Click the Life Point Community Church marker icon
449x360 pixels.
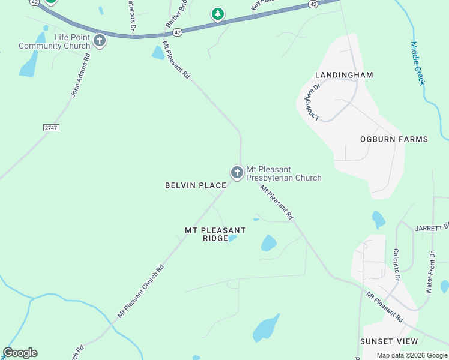tap(100, 41)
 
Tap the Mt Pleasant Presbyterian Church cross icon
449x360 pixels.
tap(237, 173)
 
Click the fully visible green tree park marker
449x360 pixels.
tap(217, 14)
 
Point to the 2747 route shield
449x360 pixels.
tap(52, 128)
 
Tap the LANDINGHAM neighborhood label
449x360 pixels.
tap(344, 75)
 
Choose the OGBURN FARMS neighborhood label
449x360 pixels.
tap(394, 139)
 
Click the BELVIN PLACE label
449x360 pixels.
tap(196, 186)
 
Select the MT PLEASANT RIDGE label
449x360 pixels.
tap(215, 234)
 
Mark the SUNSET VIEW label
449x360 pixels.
tap(388, 341)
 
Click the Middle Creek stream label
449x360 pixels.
tap(417, 63)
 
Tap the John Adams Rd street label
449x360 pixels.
tap(80, 75)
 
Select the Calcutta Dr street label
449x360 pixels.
tap(396, 265)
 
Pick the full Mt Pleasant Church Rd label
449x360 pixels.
tap(140, 292)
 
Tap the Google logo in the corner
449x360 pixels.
tap(20, 353)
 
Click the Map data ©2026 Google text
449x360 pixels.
tap(411, 355)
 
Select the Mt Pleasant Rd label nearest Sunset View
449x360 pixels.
tap(385, 307)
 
